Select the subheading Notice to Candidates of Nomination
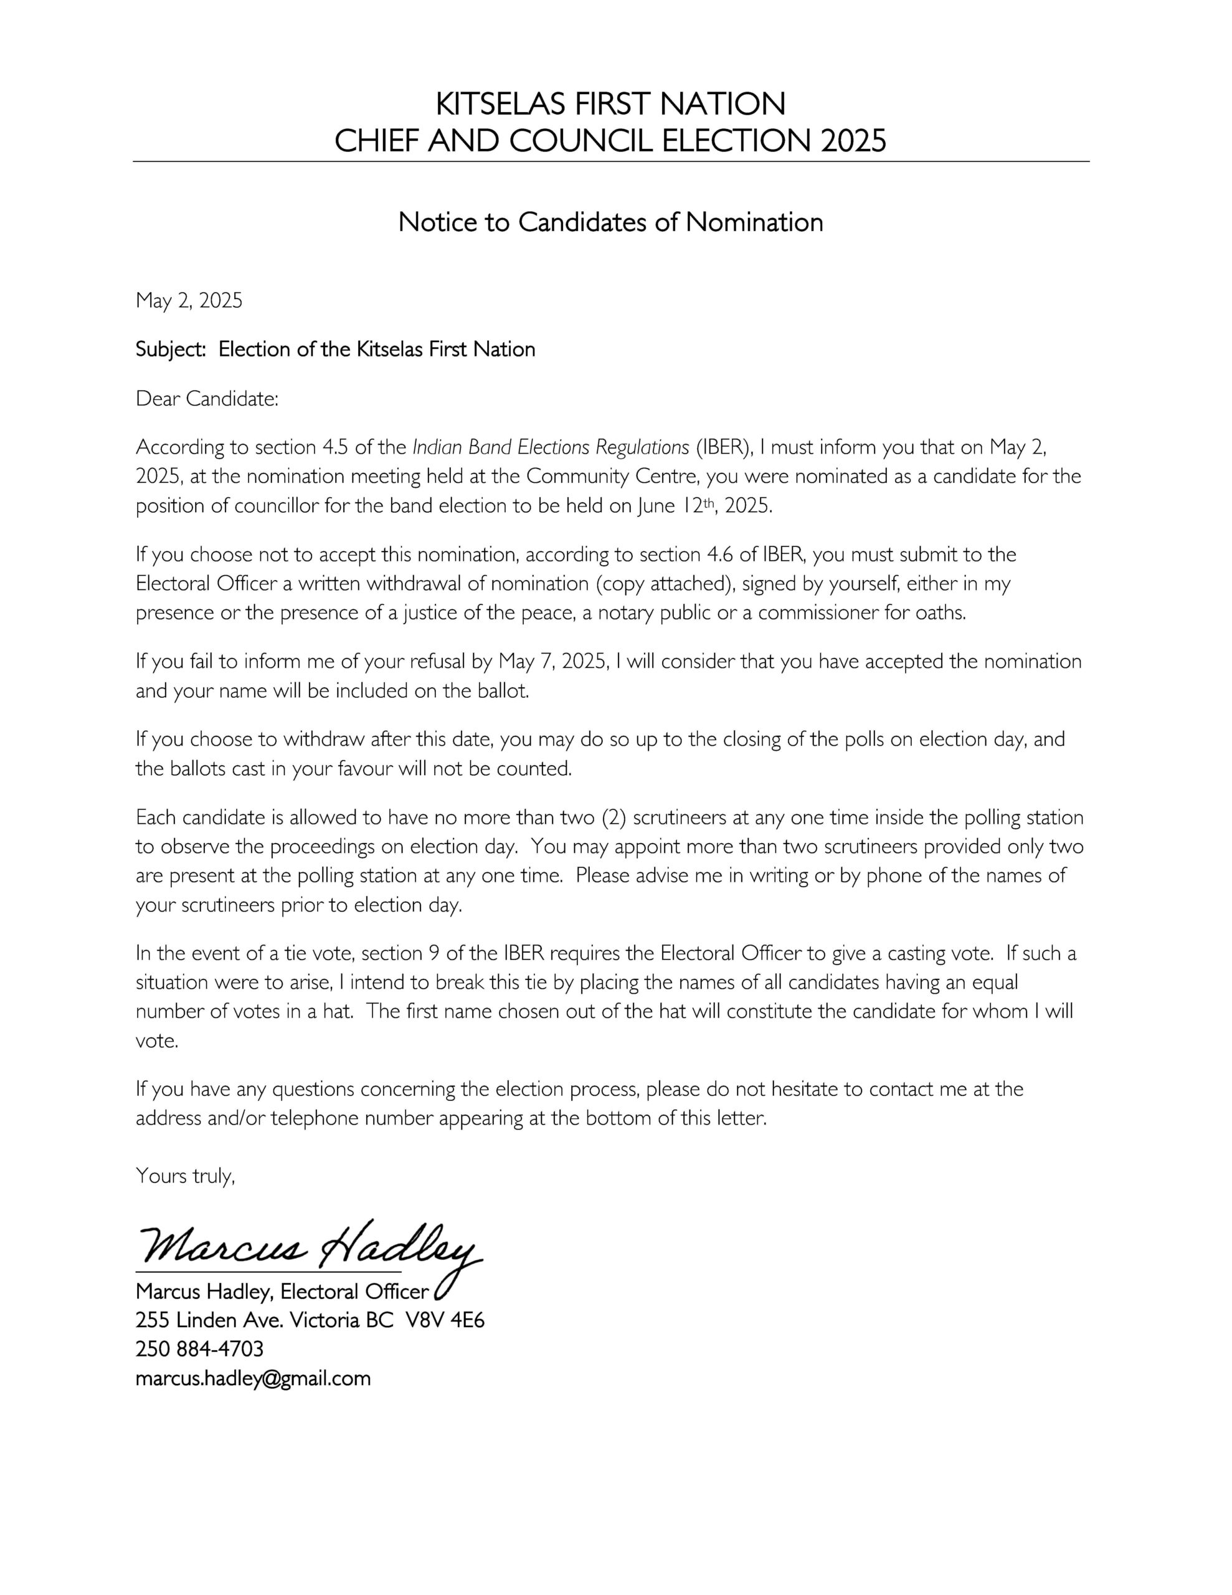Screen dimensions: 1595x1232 (610, 222)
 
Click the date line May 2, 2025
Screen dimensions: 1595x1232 (189, 300)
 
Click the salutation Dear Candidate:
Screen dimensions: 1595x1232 (207, 399)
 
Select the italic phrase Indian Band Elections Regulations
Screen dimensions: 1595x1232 (551, 447)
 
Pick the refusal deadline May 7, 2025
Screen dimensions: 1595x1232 (552, 662)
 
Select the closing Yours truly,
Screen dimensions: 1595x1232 (186, 1176)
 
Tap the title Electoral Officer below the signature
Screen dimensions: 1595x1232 (354, 1292)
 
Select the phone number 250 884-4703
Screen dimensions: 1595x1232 (199, 1349)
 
